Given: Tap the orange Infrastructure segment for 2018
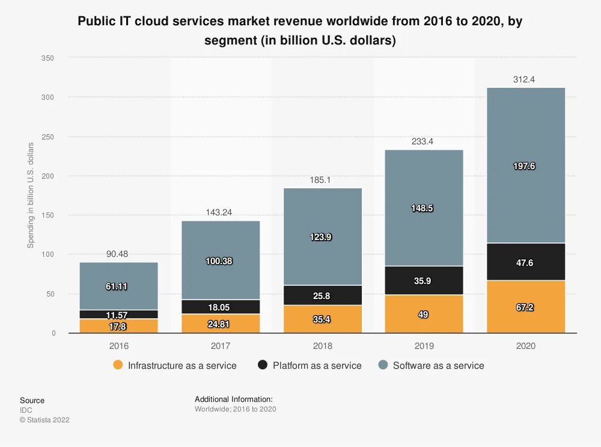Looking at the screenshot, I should (x=323, y=319).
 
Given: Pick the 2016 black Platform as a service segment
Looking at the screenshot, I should (x=118, y=314).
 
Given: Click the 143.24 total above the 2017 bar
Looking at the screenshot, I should (x=221, y=212).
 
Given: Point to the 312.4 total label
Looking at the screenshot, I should (x=526, y=79).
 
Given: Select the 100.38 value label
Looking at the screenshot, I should (x=221, y=261).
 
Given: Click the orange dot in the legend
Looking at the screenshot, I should (x=118, y=365).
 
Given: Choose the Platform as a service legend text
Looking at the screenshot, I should (x=317, y=365).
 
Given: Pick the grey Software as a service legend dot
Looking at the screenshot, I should (x=383, y=365).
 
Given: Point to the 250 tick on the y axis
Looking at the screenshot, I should (x=49, y=137).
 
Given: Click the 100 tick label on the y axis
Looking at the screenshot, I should (x=49, y=254).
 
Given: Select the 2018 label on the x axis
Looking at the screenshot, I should (x=323, y=346).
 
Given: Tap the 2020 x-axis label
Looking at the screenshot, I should (x=526, y=346).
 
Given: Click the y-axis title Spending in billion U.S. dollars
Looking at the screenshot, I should (x=31, y=196).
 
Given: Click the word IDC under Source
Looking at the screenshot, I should (x=26, y=410).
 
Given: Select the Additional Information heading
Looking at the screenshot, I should (x=234, y=399).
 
